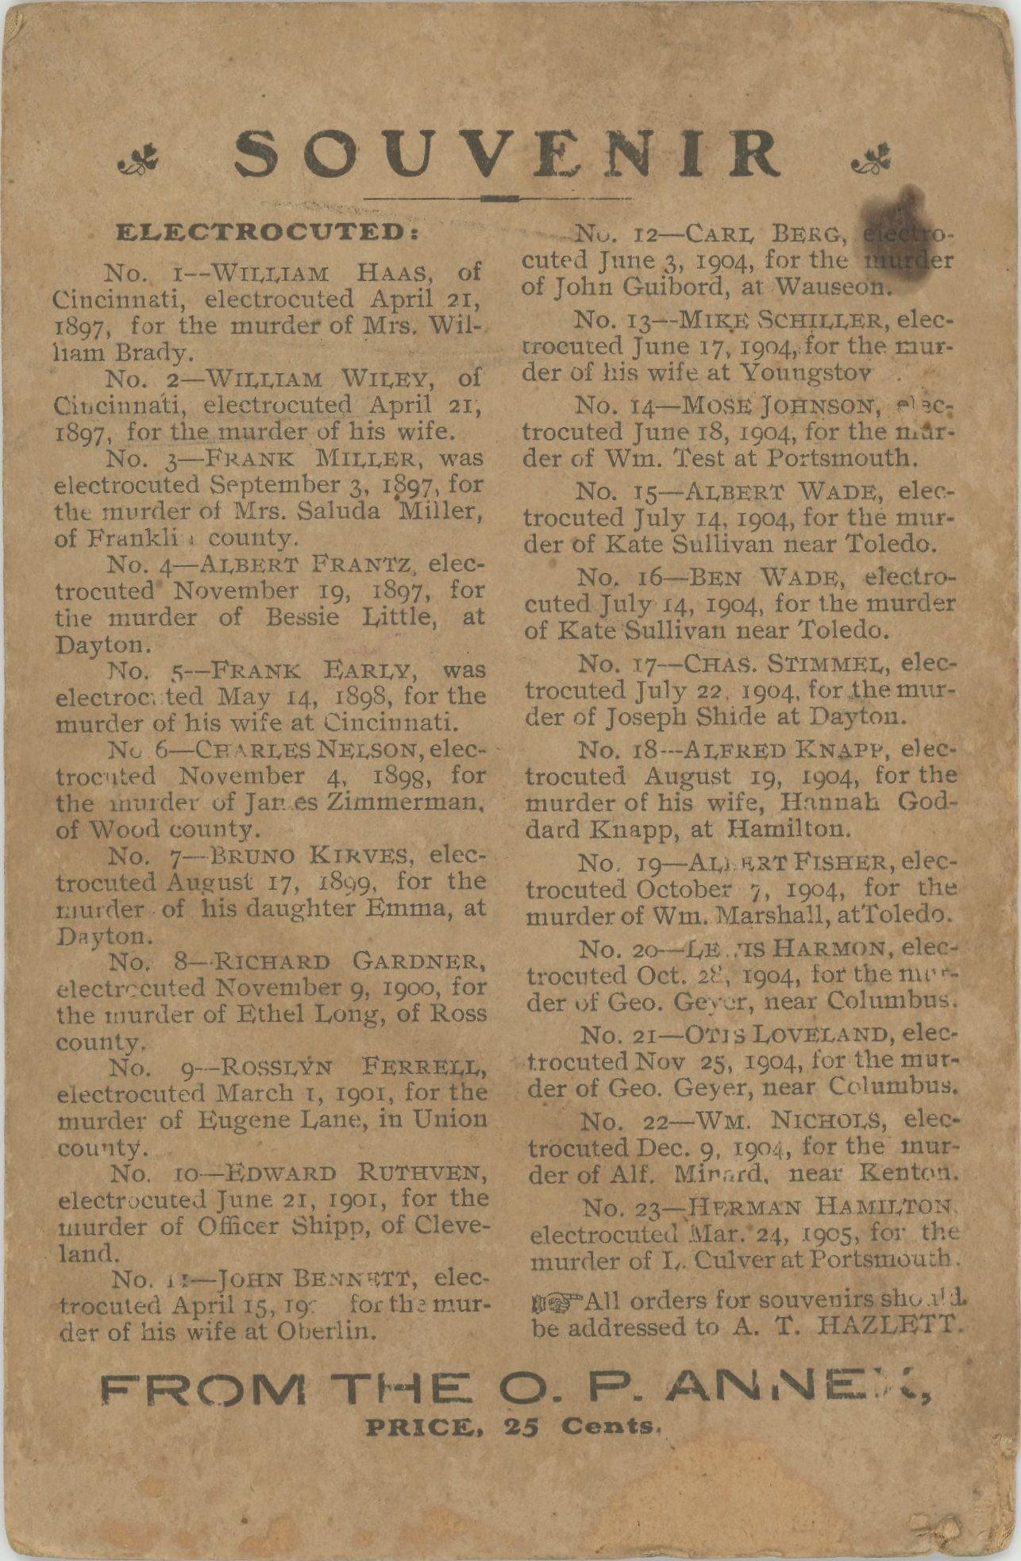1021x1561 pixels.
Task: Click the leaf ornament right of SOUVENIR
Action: coord(873,161)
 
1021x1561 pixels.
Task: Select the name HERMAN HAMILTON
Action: coord(809,1208)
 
